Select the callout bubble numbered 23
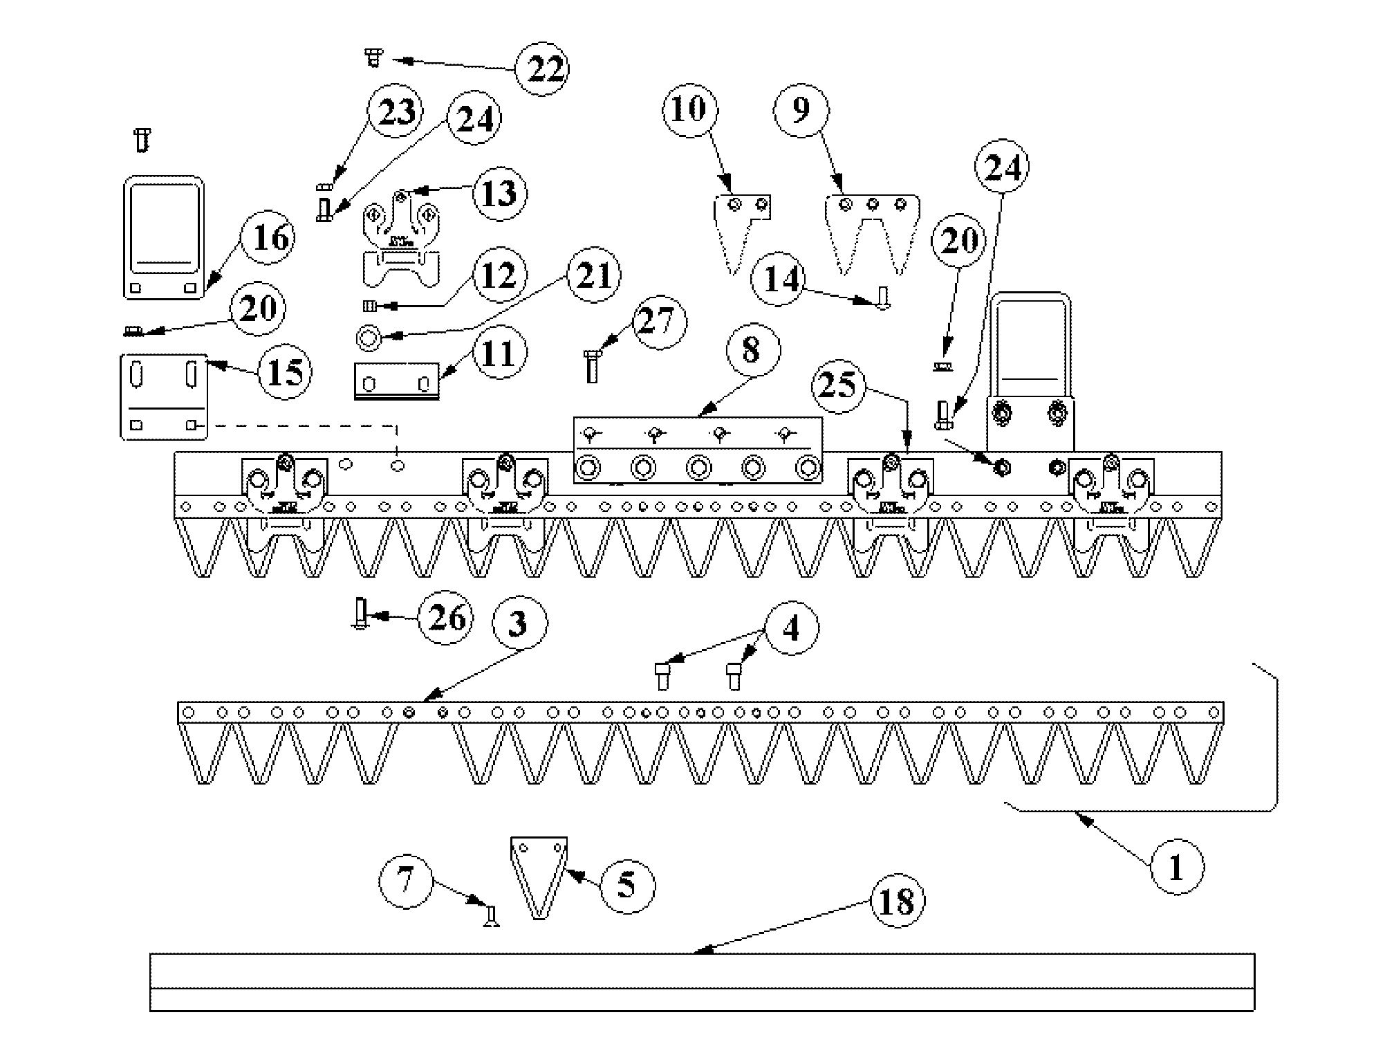click(397, 112)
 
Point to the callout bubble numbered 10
click(689, 109)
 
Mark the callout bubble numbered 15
click(284, 372)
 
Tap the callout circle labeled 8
click(751, 351)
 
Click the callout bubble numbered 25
click(838, 385)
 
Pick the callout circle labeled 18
click(897, 902)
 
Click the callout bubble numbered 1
click(1176, 867)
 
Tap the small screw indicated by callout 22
click(373, 57)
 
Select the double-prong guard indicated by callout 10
click(740, 228)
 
